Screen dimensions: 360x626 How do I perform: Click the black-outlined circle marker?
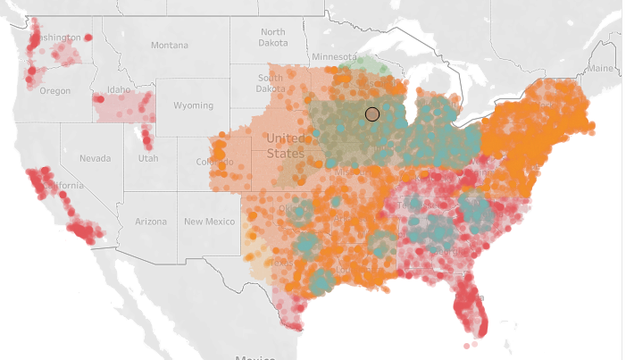[372, 113]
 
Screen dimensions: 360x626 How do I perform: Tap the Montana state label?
[170, 45]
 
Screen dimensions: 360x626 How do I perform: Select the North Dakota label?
[272, 38]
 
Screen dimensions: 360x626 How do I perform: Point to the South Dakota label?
[271, 83]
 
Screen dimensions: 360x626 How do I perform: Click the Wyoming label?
[193, 105]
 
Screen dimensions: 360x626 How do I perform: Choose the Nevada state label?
[95, 158]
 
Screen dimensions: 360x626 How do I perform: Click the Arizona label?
[150, 221]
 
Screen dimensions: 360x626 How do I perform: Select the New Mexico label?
[209, 221]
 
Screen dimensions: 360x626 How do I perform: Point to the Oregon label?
[54, 90]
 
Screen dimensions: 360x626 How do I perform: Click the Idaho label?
[118, 90]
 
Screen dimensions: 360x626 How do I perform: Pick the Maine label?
[601, 69]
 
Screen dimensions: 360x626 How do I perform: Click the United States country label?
[286, 145]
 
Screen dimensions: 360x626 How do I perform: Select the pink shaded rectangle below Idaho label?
[123, 107]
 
